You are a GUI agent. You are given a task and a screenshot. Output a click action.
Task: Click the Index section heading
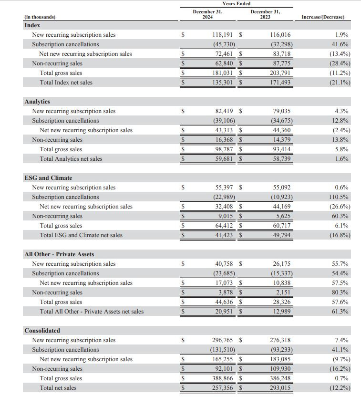(x=32, y=25)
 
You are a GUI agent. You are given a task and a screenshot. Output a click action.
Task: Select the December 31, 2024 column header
(x=207, y=14)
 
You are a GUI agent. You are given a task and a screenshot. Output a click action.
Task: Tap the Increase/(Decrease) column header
(x=323, y=17)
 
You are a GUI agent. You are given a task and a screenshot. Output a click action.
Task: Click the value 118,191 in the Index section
(x=223, y=35)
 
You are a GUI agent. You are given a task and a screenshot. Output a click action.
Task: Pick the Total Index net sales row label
(x=66, y=83)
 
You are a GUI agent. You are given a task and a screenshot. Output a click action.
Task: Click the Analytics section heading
(x=37, y=102)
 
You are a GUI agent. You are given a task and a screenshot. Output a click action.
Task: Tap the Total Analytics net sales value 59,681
(x=224, y=159)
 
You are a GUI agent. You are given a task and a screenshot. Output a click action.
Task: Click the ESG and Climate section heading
(x=48, y=178)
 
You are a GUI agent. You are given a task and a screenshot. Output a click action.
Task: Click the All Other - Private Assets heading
(x=59, y=254)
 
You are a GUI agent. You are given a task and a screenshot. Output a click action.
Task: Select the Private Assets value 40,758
(x=224, y=264)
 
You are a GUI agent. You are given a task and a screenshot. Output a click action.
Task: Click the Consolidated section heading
(x=42, y=331)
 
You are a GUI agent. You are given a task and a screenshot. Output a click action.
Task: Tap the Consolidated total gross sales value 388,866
(x=223, y=378)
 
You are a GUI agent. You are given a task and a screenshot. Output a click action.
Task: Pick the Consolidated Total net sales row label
(x=58, y=388)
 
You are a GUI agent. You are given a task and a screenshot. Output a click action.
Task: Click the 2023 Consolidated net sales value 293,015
(x=280, y=388)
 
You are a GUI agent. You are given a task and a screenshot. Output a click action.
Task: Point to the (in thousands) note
(x=40, y=17)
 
